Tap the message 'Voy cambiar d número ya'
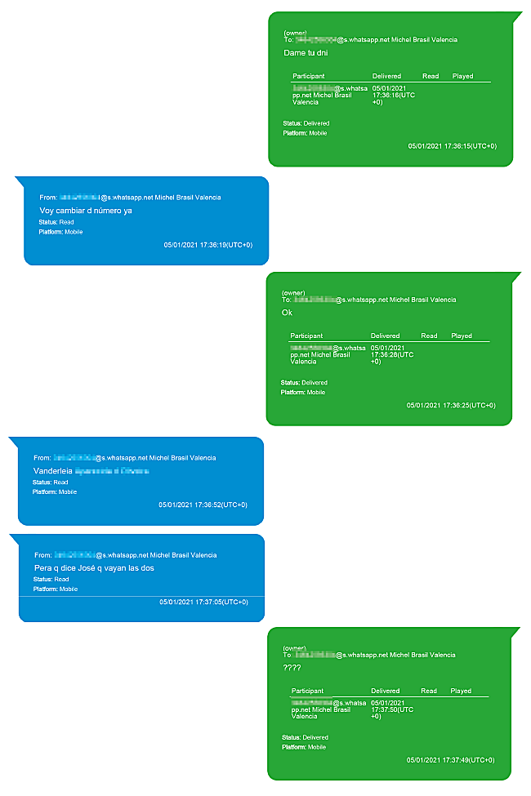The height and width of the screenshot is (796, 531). pyautogui.click(x=86, y=211)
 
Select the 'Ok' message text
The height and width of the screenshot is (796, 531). pyautogui.click(x=287, y=313)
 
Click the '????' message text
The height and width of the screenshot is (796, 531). pyautogui.click(x=292, y=668)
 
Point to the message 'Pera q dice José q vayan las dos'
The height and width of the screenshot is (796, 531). pyautogui.click(x=94, y=568)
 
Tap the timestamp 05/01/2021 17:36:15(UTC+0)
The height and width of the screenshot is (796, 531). pyautogui.click(x=452, y=146)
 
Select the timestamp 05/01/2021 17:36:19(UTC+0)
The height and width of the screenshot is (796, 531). pyautogui.click(x=207, y=245)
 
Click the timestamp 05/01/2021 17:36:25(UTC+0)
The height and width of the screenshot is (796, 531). pyautogui.click(x=450, y=405)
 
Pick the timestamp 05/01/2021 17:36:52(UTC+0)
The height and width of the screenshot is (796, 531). pyautogui.click(x=203, y=505)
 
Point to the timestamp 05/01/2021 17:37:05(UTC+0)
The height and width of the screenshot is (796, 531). pyautogui.click(x=203, y=602)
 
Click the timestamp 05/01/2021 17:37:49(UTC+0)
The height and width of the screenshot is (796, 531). pyautogui.click(x=451, y=760)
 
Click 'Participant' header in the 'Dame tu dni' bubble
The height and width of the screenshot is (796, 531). pyautogui.click(x=309, y=76)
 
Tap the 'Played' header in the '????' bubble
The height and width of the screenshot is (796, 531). pyautogui.click(x=462, y=691)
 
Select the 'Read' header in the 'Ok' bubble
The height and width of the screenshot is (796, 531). pyautogui.click(x=430, y=336)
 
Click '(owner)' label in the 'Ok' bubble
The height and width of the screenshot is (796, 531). pyautogui.click(x=293, y=292)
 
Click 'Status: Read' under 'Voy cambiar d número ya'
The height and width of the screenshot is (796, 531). pyautogui.click(x=56, y=221)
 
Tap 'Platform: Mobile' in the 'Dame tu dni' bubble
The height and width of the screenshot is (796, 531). pyautogui.click(x=305, y=132)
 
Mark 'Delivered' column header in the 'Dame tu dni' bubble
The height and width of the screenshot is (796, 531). pyautogui.click(x=386, y=76)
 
